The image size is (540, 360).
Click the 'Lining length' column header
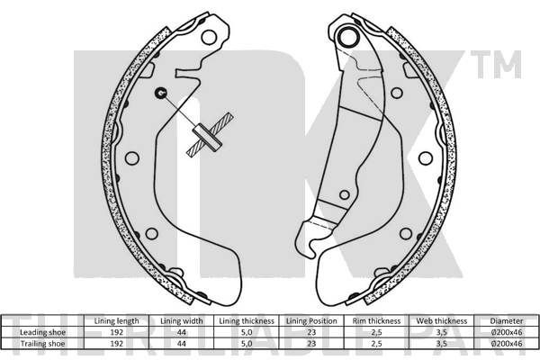click(x=116, y=321)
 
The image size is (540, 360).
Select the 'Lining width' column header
click(x=182, y=321)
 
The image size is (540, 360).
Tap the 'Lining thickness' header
click(x=247, y=321)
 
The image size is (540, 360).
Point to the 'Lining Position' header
click(x=311, y=321)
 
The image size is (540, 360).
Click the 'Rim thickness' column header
click(x=376, y=321)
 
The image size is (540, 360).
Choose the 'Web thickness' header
click(x=442, y=321)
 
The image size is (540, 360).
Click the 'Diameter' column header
click(x=506, y=321)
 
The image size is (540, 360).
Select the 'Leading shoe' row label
click(x=42, y=332)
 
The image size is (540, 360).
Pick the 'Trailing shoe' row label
click(x=42, y=344)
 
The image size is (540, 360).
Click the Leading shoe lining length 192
click(x=116, y=332)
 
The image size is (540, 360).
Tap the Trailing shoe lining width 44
click(x=182, y=344)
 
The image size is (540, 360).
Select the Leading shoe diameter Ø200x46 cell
click(x=506, y=332)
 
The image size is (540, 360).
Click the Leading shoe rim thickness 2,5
click(x=376, y=332)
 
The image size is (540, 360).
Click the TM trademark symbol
click(x=496, y=65)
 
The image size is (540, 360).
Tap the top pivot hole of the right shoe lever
click(x=348, y=36)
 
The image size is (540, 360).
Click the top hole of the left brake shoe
click(x=209, y=37)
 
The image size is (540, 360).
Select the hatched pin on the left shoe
click(x=210, y=134)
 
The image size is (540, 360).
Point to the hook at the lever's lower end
click(x=308, y=241)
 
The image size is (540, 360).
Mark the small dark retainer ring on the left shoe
click(x=160, y=93)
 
